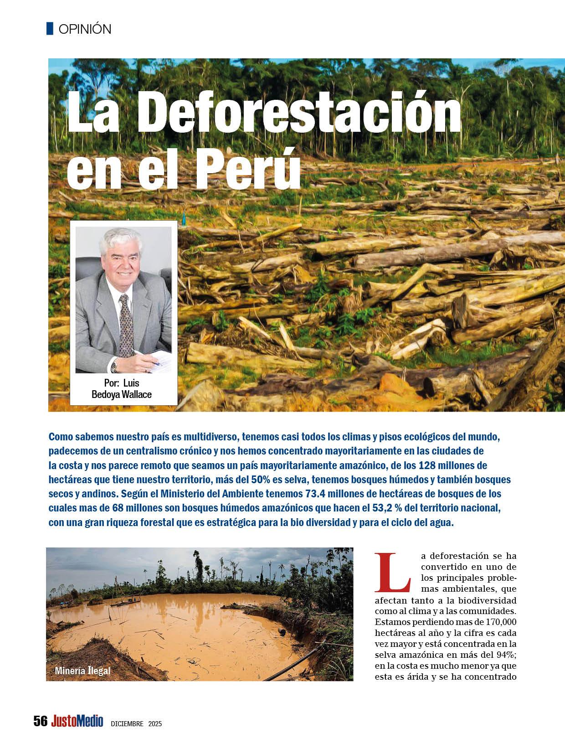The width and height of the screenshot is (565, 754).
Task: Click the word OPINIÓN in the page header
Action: (x=85, y=29)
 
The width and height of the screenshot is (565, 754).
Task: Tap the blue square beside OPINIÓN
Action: (x=50, y=28)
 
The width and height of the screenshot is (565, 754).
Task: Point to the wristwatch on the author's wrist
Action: (x=115, y=364)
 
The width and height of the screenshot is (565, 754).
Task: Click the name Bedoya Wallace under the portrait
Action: (x=122, y=394)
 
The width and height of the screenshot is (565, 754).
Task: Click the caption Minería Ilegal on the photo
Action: (x=82, y=671)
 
